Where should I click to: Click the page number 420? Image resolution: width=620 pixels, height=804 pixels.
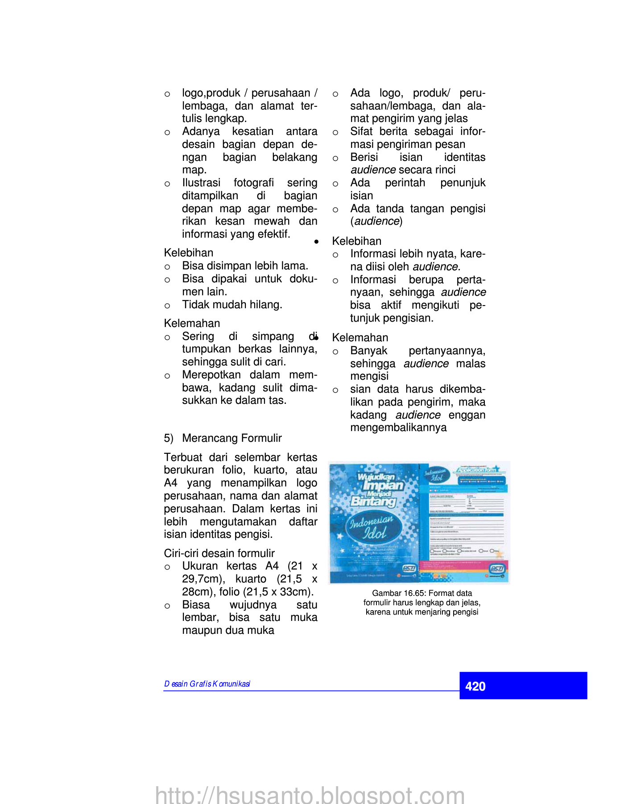pyautogui.click(x=475, y=686)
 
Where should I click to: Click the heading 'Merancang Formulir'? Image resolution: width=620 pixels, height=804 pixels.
pyautogui.click(x=231, y=438)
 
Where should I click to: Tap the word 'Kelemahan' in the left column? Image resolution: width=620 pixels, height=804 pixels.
pyautogui.click(x=192, y=323)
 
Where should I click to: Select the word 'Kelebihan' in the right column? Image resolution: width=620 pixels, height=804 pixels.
pyautogui.click(x=356, y=241)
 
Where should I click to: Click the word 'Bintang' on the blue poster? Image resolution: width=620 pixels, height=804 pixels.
pyautogui.click(x=373, y=501)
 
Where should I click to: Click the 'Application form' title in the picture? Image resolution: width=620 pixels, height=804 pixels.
pyautogui.click(x=476, y=470)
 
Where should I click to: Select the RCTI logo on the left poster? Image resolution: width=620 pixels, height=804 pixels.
pyautogui.click(x=409, y=568)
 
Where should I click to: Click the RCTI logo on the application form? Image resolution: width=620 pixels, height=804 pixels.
pyautogui.click(x=497, y=568)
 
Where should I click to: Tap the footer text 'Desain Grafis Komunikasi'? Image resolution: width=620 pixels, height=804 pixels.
pyautogui.click(x=207, y=684)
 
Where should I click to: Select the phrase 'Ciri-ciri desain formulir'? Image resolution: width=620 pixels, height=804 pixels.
pyautogui.click(x=219, y=553)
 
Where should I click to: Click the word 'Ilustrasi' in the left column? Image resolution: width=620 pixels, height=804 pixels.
pyautogui.click(x=201, y=183)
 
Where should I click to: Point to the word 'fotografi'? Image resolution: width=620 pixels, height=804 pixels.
pyautogui.click(x=253, y=183)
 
